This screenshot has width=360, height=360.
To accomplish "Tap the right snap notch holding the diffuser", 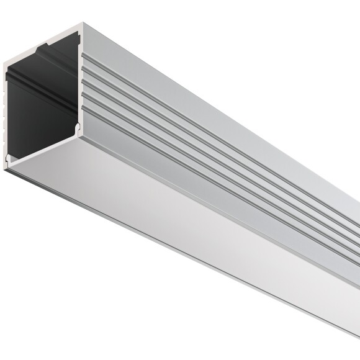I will pos(78,128).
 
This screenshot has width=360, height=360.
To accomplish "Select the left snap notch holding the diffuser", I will pos(9,161).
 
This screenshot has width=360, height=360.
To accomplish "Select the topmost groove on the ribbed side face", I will pos(186,105).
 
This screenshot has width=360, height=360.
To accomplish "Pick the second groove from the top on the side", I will pos(186,120).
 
